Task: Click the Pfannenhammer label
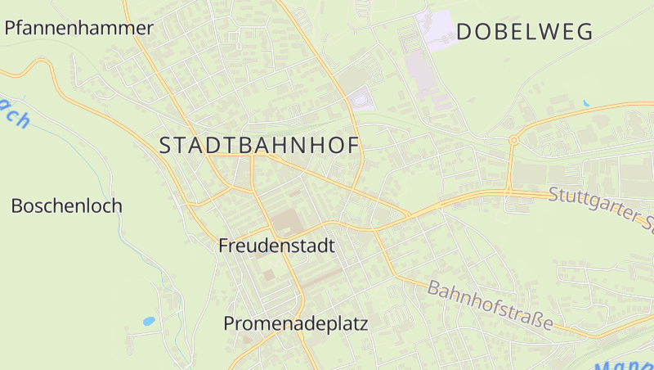79,28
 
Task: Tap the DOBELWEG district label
524,32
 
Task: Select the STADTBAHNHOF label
260,146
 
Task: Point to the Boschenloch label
66,205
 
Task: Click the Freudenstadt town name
276,245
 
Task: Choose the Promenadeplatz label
295,323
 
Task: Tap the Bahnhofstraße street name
490,306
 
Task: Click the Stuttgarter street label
601,207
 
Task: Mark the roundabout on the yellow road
513,140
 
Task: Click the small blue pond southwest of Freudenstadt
149,322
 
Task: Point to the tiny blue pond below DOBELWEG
585,104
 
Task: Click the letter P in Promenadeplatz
230,323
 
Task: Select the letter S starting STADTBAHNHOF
165,146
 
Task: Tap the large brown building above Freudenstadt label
286,220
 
